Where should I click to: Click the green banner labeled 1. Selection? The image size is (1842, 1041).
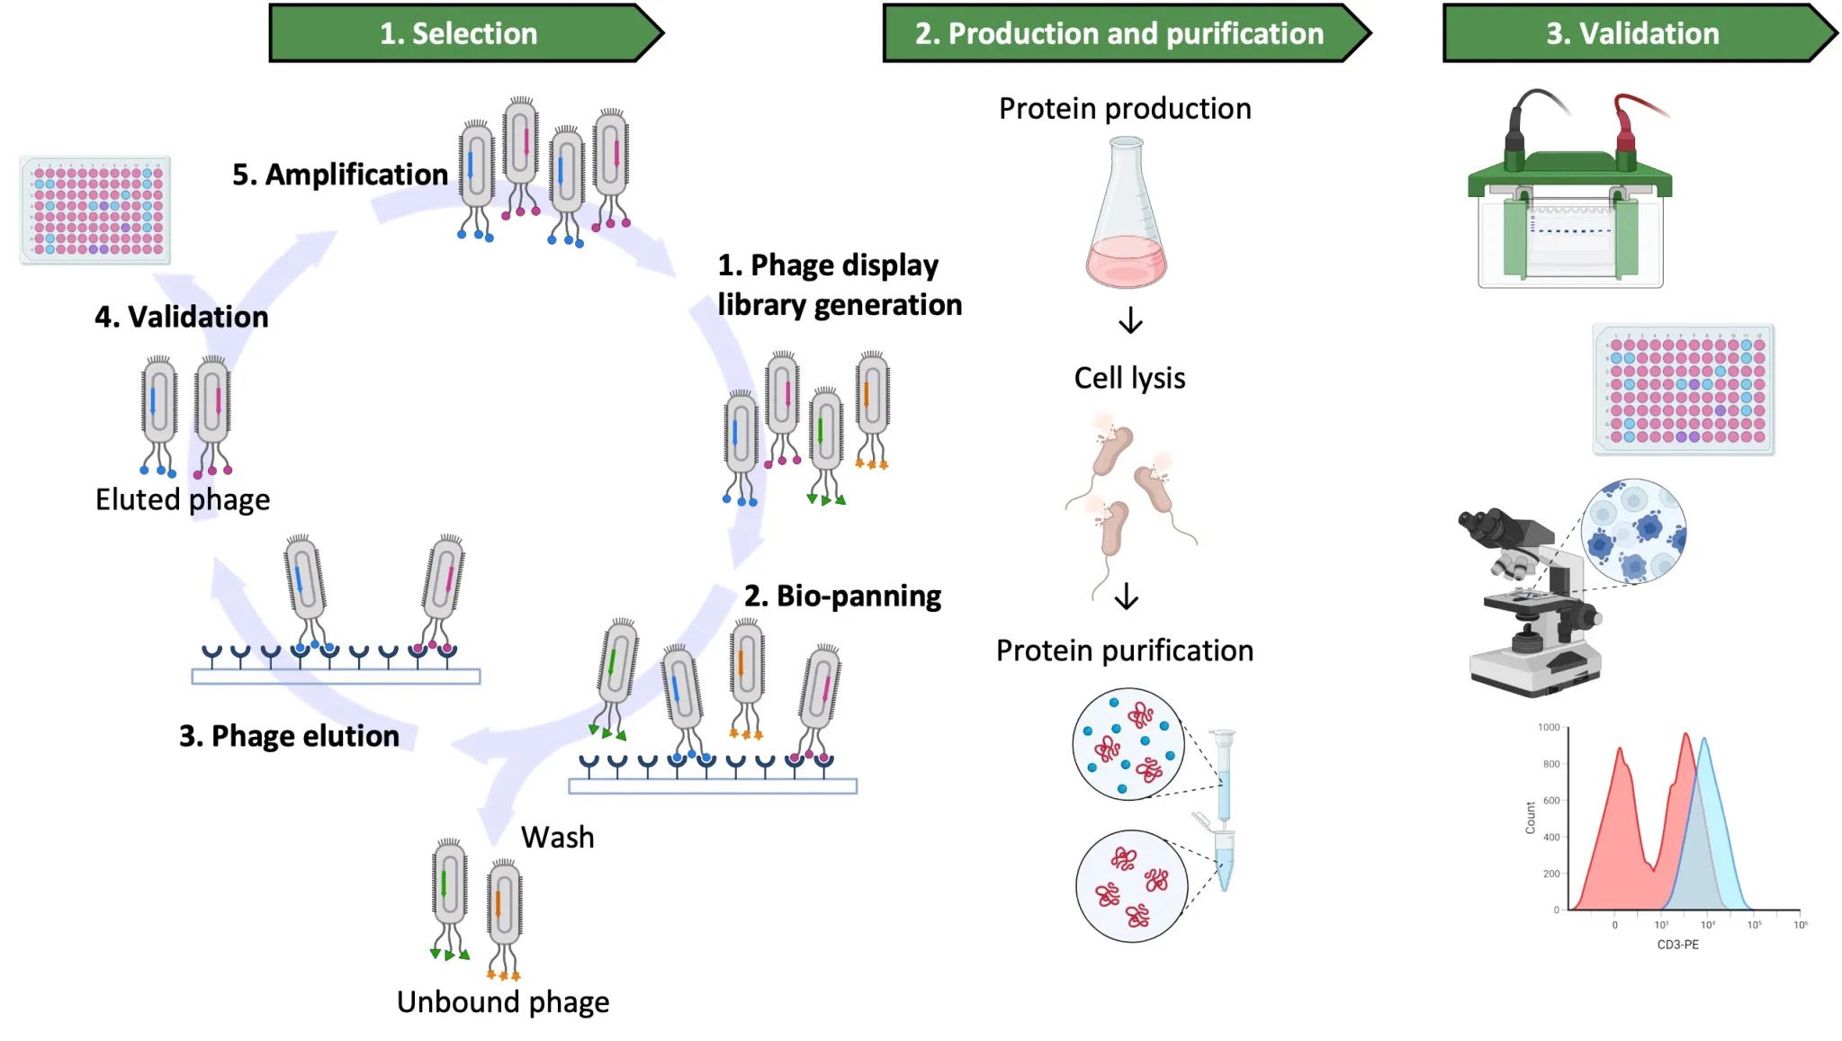click(459, 33)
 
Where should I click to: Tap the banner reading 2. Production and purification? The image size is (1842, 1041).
click(1119, 33)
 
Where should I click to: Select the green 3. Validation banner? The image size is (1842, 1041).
click(1632, 33)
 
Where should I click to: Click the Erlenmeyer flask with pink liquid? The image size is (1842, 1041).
click(1126, 216)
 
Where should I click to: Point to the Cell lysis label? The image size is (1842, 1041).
click(1129, 378)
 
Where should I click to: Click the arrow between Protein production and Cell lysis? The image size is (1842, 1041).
click(1130, 321)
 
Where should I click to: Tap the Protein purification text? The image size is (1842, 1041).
click(1124, 651)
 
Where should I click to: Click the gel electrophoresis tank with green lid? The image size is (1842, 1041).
click(1569, 207)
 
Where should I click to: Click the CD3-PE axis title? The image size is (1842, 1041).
click(1677, 945)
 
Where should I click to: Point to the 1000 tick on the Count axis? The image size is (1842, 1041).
click(1549, 727)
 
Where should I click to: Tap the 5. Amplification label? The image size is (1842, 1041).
click(340, 175)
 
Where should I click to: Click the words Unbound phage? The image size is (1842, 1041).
click(503, 1002)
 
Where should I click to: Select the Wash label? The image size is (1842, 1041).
click(557, 838)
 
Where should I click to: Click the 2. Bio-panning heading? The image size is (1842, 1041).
click(842, 596)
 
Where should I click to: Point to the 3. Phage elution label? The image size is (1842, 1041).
click(289, 736)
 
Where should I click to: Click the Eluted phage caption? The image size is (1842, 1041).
click(183, 499)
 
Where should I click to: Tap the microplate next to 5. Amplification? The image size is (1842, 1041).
click(95, 211)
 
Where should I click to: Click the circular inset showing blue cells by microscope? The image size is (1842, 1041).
click(1633, 532)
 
